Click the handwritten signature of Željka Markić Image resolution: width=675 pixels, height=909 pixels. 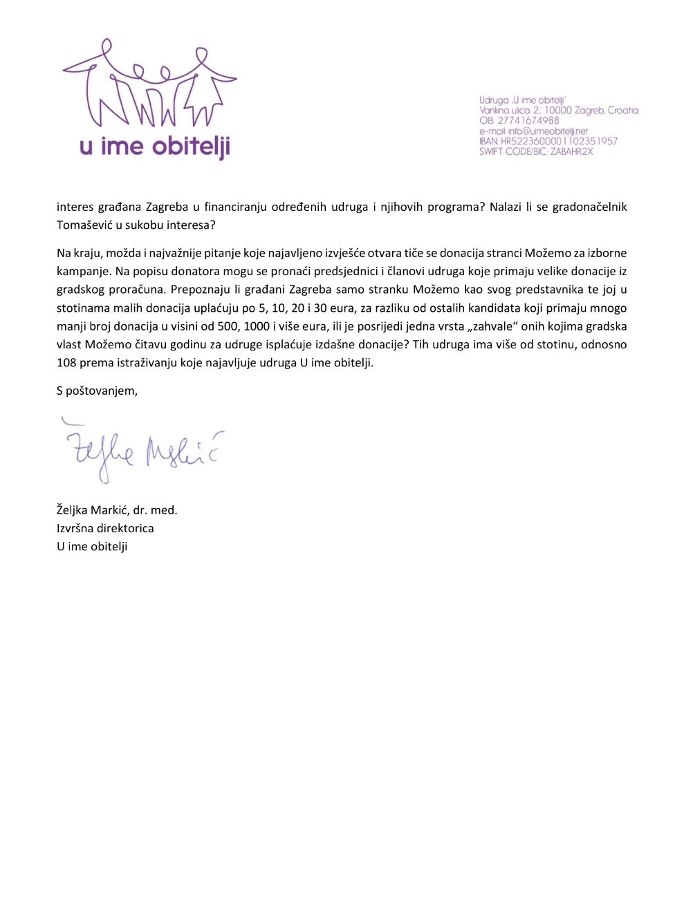point(142,451)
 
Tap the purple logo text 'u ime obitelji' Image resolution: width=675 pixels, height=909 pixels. point(155,147)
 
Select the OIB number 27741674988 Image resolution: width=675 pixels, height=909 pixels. point(528,120)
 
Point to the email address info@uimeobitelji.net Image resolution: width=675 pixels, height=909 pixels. point(548,131)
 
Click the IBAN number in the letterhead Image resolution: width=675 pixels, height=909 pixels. point(559,141)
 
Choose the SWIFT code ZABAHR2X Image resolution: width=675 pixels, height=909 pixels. point(572,151)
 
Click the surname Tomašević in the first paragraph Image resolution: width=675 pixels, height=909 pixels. point(84,225)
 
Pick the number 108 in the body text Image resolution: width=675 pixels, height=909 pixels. point(66,362)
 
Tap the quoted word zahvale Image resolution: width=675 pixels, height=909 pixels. point(499,326)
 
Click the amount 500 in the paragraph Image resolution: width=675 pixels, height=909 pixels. point(228,326)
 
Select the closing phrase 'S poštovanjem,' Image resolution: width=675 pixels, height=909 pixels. point(97,391)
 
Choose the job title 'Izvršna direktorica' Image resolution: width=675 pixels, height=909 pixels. point(105,528)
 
